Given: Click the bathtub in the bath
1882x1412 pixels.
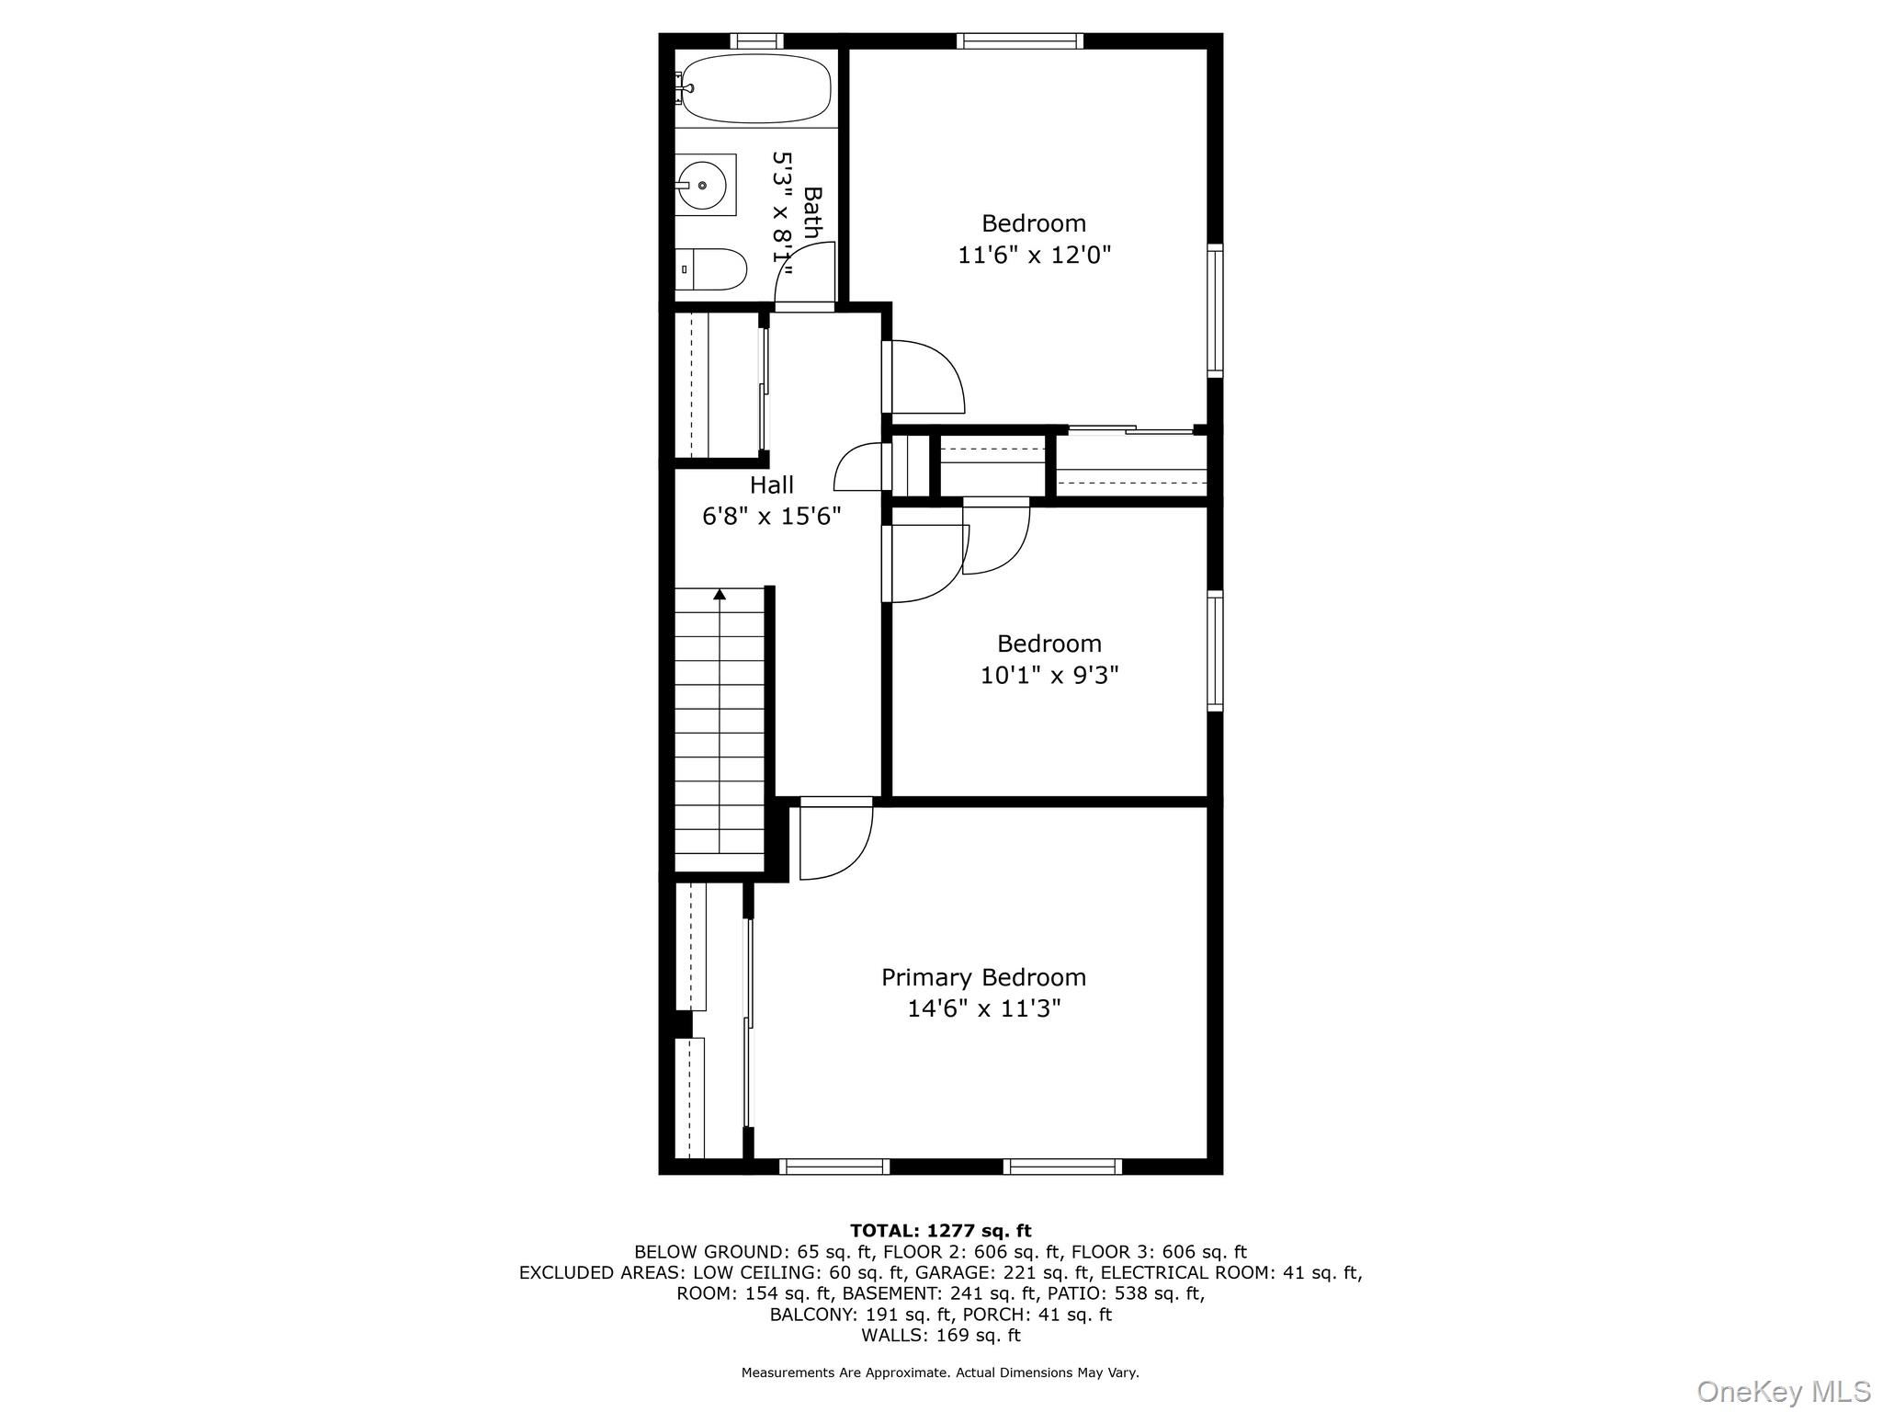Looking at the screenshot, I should [x=756, y=88].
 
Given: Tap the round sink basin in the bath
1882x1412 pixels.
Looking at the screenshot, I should [x=703, y=185].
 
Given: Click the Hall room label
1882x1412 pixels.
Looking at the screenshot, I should [x=771, y=484].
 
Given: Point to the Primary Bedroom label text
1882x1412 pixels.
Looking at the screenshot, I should [x=983, y=977].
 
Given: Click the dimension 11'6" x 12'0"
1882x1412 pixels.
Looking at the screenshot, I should [x=1034, y=255].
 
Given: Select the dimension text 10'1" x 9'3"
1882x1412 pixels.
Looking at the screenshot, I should [x=1049, y=676].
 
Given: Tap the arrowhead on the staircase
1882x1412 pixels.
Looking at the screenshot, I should [x=720, y=595].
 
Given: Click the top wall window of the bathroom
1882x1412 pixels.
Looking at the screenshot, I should [x=757, y=40].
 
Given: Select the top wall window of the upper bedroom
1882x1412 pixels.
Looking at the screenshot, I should [x=1019, y=40].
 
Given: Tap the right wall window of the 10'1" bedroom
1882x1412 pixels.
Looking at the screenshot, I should [x=1215, y=651].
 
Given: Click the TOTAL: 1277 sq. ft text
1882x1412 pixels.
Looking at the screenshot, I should [x=940, y=1231].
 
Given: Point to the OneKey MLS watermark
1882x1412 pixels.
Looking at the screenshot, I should [x=1783, y=1391].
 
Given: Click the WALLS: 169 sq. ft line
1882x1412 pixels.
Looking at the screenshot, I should [x=940, y=1335].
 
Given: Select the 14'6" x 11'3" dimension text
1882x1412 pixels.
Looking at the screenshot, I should [x=983, y=1009].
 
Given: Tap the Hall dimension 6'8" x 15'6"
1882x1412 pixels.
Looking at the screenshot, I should [x=771, y=517].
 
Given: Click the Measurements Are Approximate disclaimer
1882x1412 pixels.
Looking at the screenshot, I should [x=940, y=1372].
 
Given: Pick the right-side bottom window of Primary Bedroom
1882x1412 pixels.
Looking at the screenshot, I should [x=1062, y=1167].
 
